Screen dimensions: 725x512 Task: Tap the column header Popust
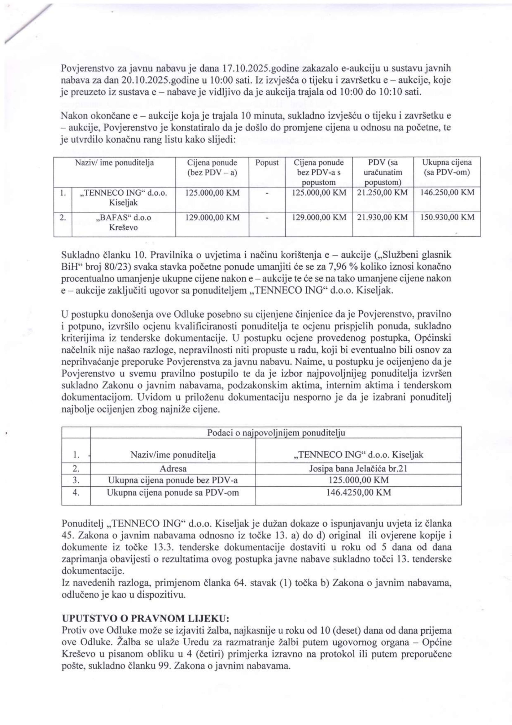267,163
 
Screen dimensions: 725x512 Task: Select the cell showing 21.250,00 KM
382,192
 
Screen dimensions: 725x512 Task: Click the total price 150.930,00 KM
447,217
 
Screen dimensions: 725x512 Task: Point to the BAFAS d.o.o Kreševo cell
123,222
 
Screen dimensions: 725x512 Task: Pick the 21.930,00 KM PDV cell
382,217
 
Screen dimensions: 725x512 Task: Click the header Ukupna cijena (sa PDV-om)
447,167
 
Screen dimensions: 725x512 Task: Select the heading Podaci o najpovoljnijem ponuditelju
276,433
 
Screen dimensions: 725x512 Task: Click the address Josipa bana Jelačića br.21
358,468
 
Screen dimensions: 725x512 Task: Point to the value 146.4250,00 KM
358,492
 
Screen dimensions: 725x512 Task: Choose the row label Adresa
173,468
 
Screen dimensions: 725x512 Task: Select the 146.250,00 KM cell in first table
447,192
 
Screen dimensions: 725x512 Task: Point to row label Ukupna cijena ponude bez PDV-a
173,480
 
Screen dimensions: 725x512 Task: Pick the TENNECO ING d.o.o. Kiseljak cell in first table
123,197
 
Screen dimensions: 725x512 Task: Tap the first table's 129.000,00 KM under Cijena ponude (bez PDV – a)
212,217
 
